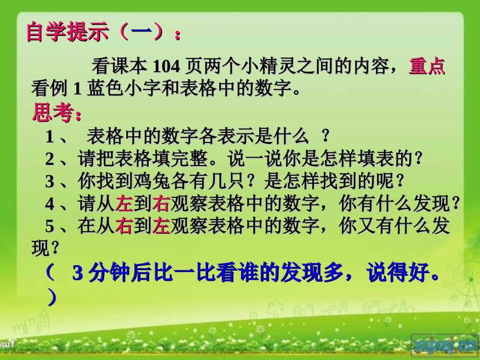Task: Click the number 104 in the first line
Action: (x=166, y=66)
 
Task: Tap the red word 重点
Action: (x=426, y=66)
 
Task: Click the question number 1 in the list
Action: (x=50, y=137)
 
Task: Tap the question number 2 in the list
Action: (x=50, y=159)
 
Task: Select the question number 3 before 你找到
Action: (x=50, y=181)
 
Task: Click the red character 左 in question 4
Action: (x=124, y=203)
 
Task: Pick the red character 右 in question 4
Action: (x=160, y=203)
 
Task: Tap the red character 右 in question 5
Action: (x=124, y=226)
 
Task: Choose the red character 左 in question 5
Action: (x=160, y=226)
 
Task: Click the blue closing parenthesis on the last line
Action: (x=52, y=298)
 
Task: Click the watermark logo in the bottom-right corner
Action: (x=442, y=345)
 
